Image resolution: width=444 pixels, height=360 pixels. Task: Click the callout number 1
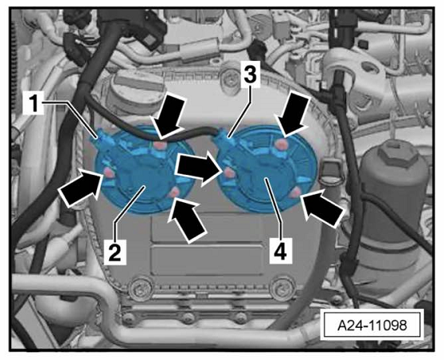click(34, 103)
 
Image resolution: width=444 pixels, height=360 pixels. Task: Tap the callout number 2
click(115, 252)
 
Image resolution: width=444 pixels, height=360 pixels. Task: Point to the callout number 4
click(281, 252)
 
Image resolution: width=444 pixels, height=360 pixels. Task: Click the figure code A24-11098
click(372, 326)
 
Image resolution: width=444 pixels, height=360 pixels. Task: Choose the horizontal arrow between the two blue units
click(198, 168)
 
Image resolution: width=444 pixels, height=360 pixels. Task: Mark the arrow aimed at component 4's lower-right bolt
click(323, 208)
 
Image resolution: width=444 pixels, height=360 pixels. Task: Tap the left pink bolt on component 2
click(108, 172)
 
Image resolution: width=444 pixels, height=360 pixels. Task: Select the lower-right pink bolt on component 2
click(174, 193)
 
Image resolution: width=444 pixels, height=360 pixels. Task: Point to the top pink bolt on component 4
click(283, 144)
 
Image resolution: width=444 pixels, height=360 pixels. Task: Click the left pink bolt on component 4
click(228, 172)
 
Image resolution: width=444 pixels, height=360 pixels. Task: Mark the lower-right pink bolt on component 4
click(296, 192)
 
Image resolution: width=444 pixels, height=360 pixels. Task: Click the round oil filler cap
click(136, 90)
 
